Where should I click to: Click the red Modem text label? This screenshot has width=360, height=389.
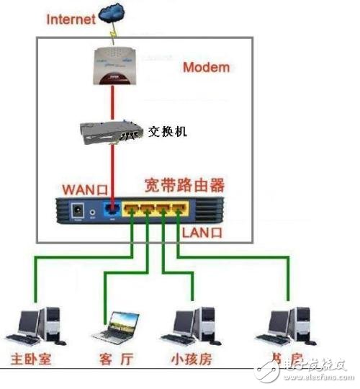tap(206, 68)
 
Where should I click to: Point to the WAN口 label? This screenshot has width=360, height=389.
tap(85, 189)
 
